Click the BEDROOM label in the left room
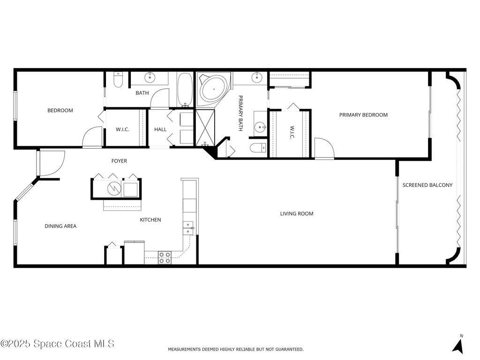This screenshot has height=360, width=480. point(60,111)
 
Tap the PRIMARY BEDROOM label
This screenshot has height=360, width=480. point(363,115)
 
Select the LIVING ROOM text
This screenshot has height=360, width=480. point(296,214)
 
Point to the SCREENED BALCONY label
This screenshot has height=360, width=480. point(427,185)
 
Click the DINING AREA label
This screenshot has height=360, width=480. point(60,226)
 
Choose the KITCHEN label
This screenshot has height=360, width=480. point(150,219)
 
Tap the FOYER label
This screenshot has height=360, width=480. point(119,161)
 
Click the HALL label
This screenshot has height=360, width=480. point(160,129)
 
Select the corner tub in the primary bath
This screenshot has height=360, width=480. point(214,88)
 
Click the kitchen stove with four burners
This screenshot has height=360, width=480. point(165,258)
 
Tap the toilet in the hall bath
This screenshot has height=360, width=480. point(118,80)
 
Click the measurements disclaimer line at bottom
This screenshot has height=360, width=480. point(236,349)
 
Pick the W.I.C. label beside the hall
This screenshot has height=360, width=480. point(122,129)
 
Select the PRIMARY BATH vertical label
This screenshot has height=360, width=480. point(240,113)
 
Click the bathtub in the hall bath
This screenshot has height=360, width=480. point(185,90)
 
